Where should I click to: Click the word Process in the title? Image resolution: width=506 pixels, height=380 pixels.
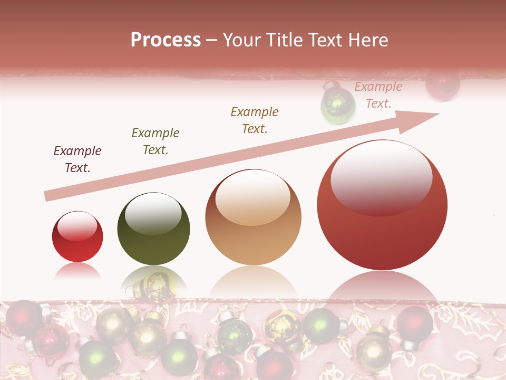(166, 40)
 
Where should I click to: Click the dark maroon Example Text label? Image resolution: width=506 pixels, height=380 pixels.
(77, 159)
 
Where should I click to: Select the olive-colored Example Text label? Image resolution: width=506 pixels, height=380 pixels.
(155, 141)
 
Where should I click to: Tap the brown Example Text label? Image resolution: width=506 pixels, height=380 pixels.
(255, 120)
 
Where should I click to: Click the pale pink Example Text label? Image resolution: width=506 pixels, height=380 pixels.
(378, 95)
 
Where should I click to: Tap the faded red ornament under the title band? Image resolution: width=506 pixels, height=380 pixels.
(443, 84)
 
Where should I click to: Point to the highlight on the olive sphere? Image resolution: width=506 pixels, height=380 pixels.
(153, 214)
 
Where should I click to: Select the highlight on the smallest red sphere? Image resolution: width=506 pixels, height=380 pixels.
(77, 226)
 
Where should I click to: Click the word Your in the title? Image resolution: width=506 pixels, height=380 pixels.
(242, 40)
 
